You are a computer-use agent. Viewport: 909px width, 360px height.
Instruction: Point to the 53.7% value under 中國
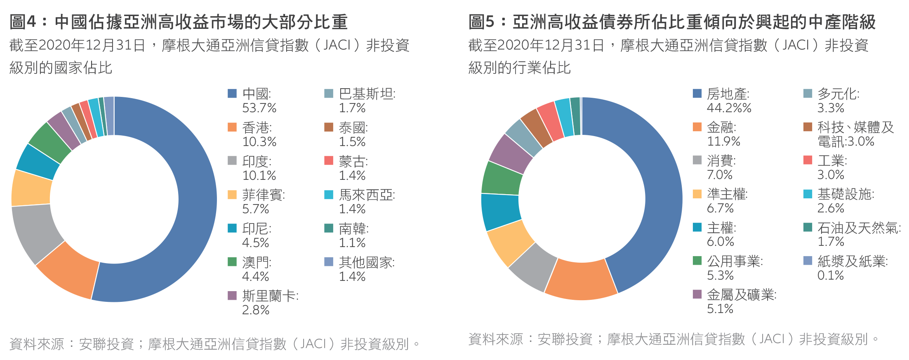pyautogui.click(x=259, y=108)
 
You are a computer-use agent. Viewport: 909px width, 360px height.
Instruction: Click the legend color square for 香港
pyautogui.click(x=232, y=127)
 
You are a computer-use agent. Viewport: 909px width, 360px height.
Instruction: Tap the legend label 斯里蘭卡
pyautogui.click(x=270, y=296)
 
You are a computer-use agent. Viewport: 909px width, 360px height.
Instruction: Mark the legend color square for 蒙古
pyautogui.click(x=329, y=160)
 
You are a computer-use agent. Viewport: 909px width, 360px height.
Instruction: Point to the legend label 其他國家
pyautogui.click(x=367, y=262)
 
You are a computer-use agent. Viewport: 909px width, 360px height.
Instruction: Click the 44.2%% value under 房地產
pyautogui.click(x=729, y=108)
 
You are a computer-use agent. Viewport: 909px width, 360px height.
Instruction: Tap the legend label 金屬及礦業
pyautogui.click(x=742, y=295)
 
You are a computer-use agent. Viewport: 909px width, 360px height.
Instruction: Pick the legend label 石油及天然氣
pyautogui.click(x=859, y=228)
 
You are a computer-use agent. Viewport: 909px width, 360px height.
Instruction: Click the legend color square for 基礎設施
pyautogui.click(x=808, y=194)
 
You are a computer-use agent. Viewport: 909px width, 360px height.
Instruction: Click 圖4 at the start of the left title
pyautogui.click(x=23, y=22)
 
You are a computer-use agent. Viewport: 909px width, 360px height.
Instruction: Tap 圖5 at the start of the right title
pyautogui.click(x=481, y=22)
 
